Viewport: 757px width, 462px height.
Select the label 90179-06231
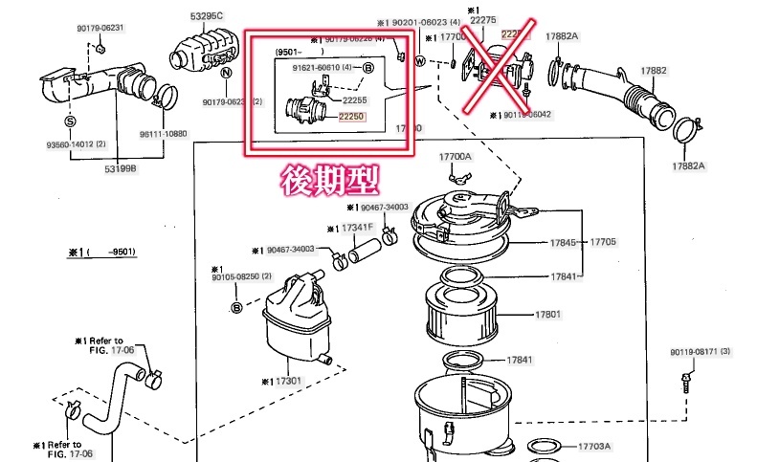click(102, 29)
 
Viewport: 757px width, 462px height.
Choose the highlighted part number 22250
click(354, 115)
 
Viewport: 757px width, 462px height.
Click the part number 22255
click(355, 99)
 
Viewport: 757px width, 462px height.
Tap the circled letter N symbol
click(226, 72)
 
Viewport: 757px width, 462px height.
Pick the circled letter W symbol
click(419, 62)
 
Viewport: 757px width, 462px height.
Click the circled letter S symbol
click(70, 121)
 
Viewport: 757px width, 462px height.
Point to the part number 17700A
click(456, 156)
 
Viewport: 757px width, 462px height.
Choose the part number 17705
click(603, 242)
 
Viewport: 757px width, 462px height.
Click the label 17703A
click(594, 446)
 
